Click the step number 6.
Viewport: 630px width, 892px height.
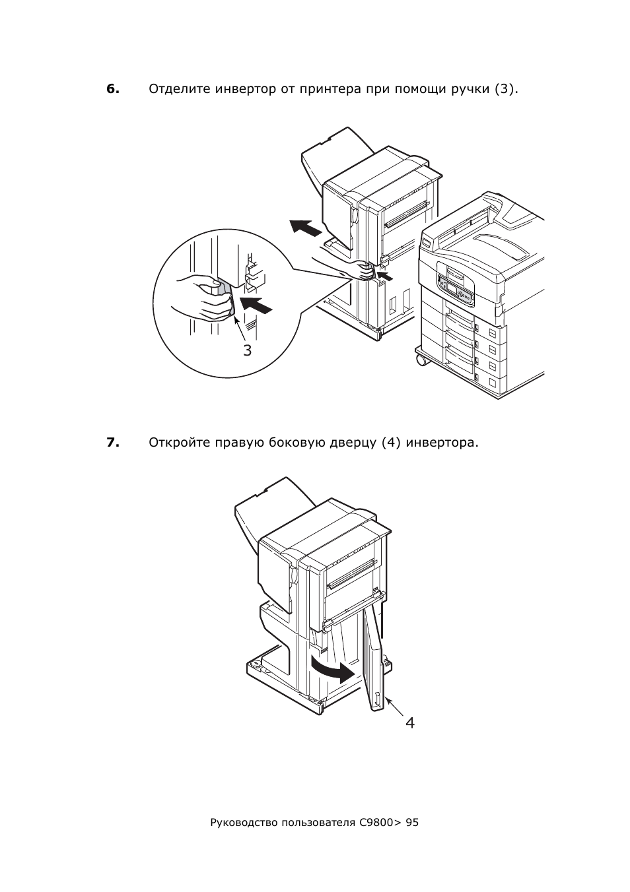tap(113, 89)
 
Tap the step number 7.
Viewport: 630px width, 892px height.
tap(113, 443)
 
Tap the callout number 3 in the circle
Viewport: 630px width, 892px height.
tap(248, 350)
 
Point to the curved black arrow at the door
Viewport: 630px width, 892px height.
tap(332, 670)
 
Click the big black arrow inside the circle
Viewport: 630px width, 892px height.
tap(258, 304)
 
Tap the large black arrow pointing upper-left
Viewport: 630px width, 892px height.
tap(305, 228)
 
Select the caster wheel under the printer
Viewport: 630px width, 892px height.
tap(421, 360)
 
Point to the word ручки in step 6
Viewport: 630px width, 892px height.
tap(470, 90)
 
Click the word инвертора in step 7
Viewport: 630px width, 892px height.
tap(442, 443)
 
